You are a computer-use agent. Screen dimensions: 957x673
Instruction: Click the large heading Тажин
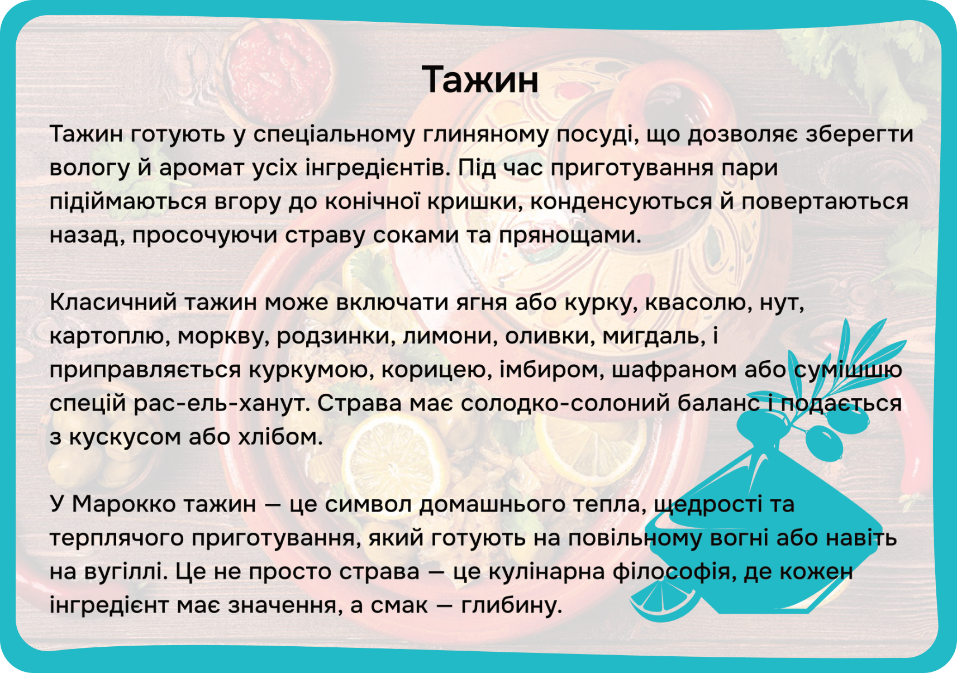pyautogui.click(x=480, y=80)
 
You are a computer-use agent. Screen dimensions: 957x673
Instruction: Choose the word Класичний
pyautogui.click(x=113, y=303)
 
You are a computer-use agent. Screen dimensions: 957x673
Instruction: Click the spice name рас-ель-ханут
pyautogui.click(x=222, y=404)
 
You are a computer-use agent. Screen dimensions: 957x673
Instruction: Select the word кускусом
pyautogui.click(x=125, y=438)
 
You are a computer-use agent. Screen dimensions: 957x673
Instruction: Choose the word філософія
pyautogui.click(x=672, y=571)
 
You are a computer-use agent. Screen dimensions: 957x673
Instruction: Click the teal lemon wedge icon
pyautogui.click(x=664, y=599)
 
